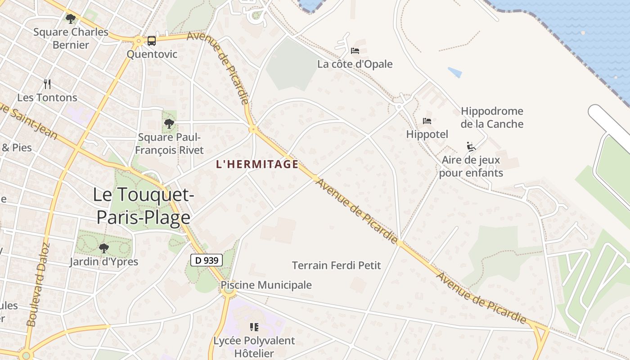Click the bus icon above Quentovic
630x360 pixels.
(x=152, y=41)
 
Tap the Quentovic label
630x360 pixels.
(x=152, y=54)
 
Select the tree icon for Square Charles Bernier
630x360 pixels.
(x=71, y=19)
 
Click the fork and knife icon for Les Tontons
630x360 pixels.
(x=47, y=84)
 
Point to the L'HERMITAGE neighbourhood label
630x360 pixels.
(x=257, y=164)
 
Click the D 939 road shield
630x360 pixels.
(x=207, y=260)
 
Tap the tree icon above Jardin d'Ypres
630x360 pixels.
(x=104, y=248)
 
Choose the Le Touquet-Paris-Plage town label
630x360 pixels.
(x=143, y=206)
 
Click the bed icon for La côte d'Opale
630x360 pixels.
(x=355, y=51)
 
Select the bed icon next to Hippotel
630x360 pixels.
(x=427, y=121)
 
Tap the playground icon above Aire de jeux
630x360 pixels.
(x=471, y=147)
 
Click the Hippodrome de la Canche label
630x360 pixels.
(x=492, y=117)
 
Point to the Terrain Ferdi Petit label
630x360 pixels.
(x=336, y=265)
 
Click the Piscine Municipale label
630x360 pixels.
(x=266, y=285)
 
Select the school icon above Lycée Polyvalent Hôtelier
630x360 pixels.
(x=254, y=327)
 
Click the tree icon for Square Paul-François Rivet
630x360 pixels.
(x=169, y=124)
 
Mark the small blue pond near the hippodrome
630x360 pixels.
(x=455, y=72)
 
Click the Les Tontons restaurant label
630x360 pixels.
(x=47, y=98)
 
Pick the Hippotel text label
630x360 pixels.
(x=427, y=134)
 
